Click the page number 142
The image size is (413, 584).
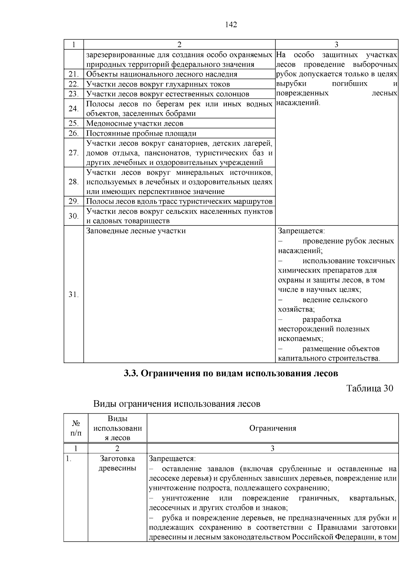pyautogui.click(x=231, y=24)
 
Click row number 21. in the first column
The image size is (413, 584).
pyautogui.click(x=74, y=74)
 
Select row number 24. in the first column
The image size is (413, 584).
pyautogui.click(x=74, y=109)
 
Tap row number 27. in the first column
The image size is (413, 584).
pyautogui.click(x=74, y=153)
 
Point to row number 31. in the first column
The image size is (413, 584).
pyautogui.click(x=74, y=295)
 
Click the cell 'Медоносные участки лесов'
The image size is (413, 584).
pyautogui.click(x=135, y=123)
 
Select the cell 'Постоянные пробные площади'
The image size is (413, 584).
pyautogui.click(x=141, y=133)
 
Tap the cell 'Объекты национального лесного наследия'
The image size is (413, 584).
pyautogui.click(x=161, y=74)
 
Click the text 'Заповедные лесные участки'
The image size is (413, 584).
pyautogui.click(x=136, y=231)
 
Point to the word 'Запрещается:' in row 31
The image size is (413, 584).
pyautogui.click(x=301, y=231)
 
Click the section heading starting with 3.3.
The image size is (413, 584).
pyautogui.click(x=231, y=373)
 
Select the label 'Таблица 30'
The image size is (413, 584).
pyautogui.click(x=370, y=388)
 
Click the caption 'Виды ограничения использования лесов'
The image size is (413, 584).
pyautogui.click(x=177, y=403)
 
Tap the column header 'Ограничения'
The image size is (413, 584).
pyautogui.click(x=273, y=428)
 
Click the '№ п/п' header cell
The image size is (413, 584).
pyautogui.click(x=76, y=428)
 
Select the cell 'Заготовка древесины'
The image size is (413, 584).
pyautogui.click(x=117, y=464)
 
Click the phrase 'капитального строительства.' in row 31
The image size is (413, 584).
pyautogui.click(x=329, y=359)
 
